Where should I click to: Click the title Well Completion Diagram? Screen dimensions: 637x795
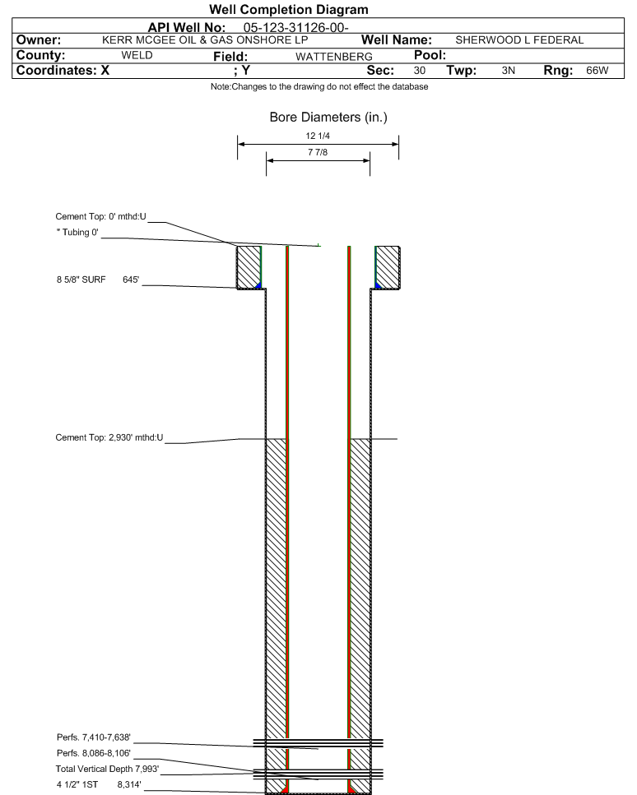point(288,10)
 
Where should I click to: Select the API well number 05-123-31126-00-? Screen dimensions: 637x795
point(295,27)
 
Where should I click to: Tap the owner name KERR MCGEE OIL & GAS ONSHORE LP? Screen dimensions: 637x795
point(205,40)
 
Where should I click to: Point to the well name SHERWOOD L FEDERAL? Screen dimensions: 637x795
point(519,40)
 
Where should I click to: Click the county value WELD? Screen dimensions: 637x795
point(137,55)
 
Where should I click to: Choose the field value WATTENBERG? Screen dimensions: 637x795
point(334,56)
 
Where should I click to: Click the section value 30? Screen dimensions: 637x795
point(419,71)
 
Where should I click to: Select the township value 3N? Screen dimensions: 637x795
point(508,71)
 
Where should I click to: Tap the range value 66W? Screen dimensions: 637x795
point(597,71)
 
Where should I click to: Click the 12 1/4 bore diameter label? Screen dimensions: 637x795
point(318,136)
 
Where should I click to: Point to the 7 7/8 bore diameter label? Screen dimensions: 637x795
point(318,152)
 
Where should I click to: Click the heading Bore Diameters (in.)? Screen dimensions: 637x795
point(328,118)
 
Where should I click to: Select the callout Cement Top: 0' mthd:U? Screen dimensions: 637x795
point(100,216)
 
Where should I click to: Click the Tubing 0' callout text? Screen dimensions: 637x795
point(77,232)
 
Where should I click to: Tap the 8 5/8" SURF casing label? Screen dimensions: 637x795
point(81,280)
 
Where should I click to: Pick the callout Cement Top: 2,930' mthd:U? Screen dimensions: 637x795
point(109,437)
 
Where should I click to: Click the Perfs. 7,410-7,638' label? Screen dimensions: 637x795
point(93,737)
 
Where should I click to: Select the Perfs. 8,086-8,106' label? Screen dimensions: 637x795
point(93,753)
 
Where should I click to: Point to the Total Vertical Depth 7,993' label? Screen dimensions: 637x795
point(107,769)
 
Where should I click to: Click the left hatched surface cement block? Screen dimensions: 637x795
point(249,267)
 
